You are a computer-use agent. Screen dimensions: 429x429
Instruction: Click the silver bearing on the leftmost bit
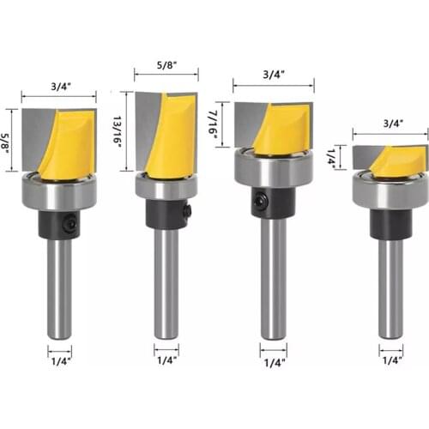pyautogui.click(x=59, y=192)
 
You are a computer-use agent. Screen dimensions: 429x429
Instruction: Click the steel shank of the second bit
pyautogui.click(x=166, y=283)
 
